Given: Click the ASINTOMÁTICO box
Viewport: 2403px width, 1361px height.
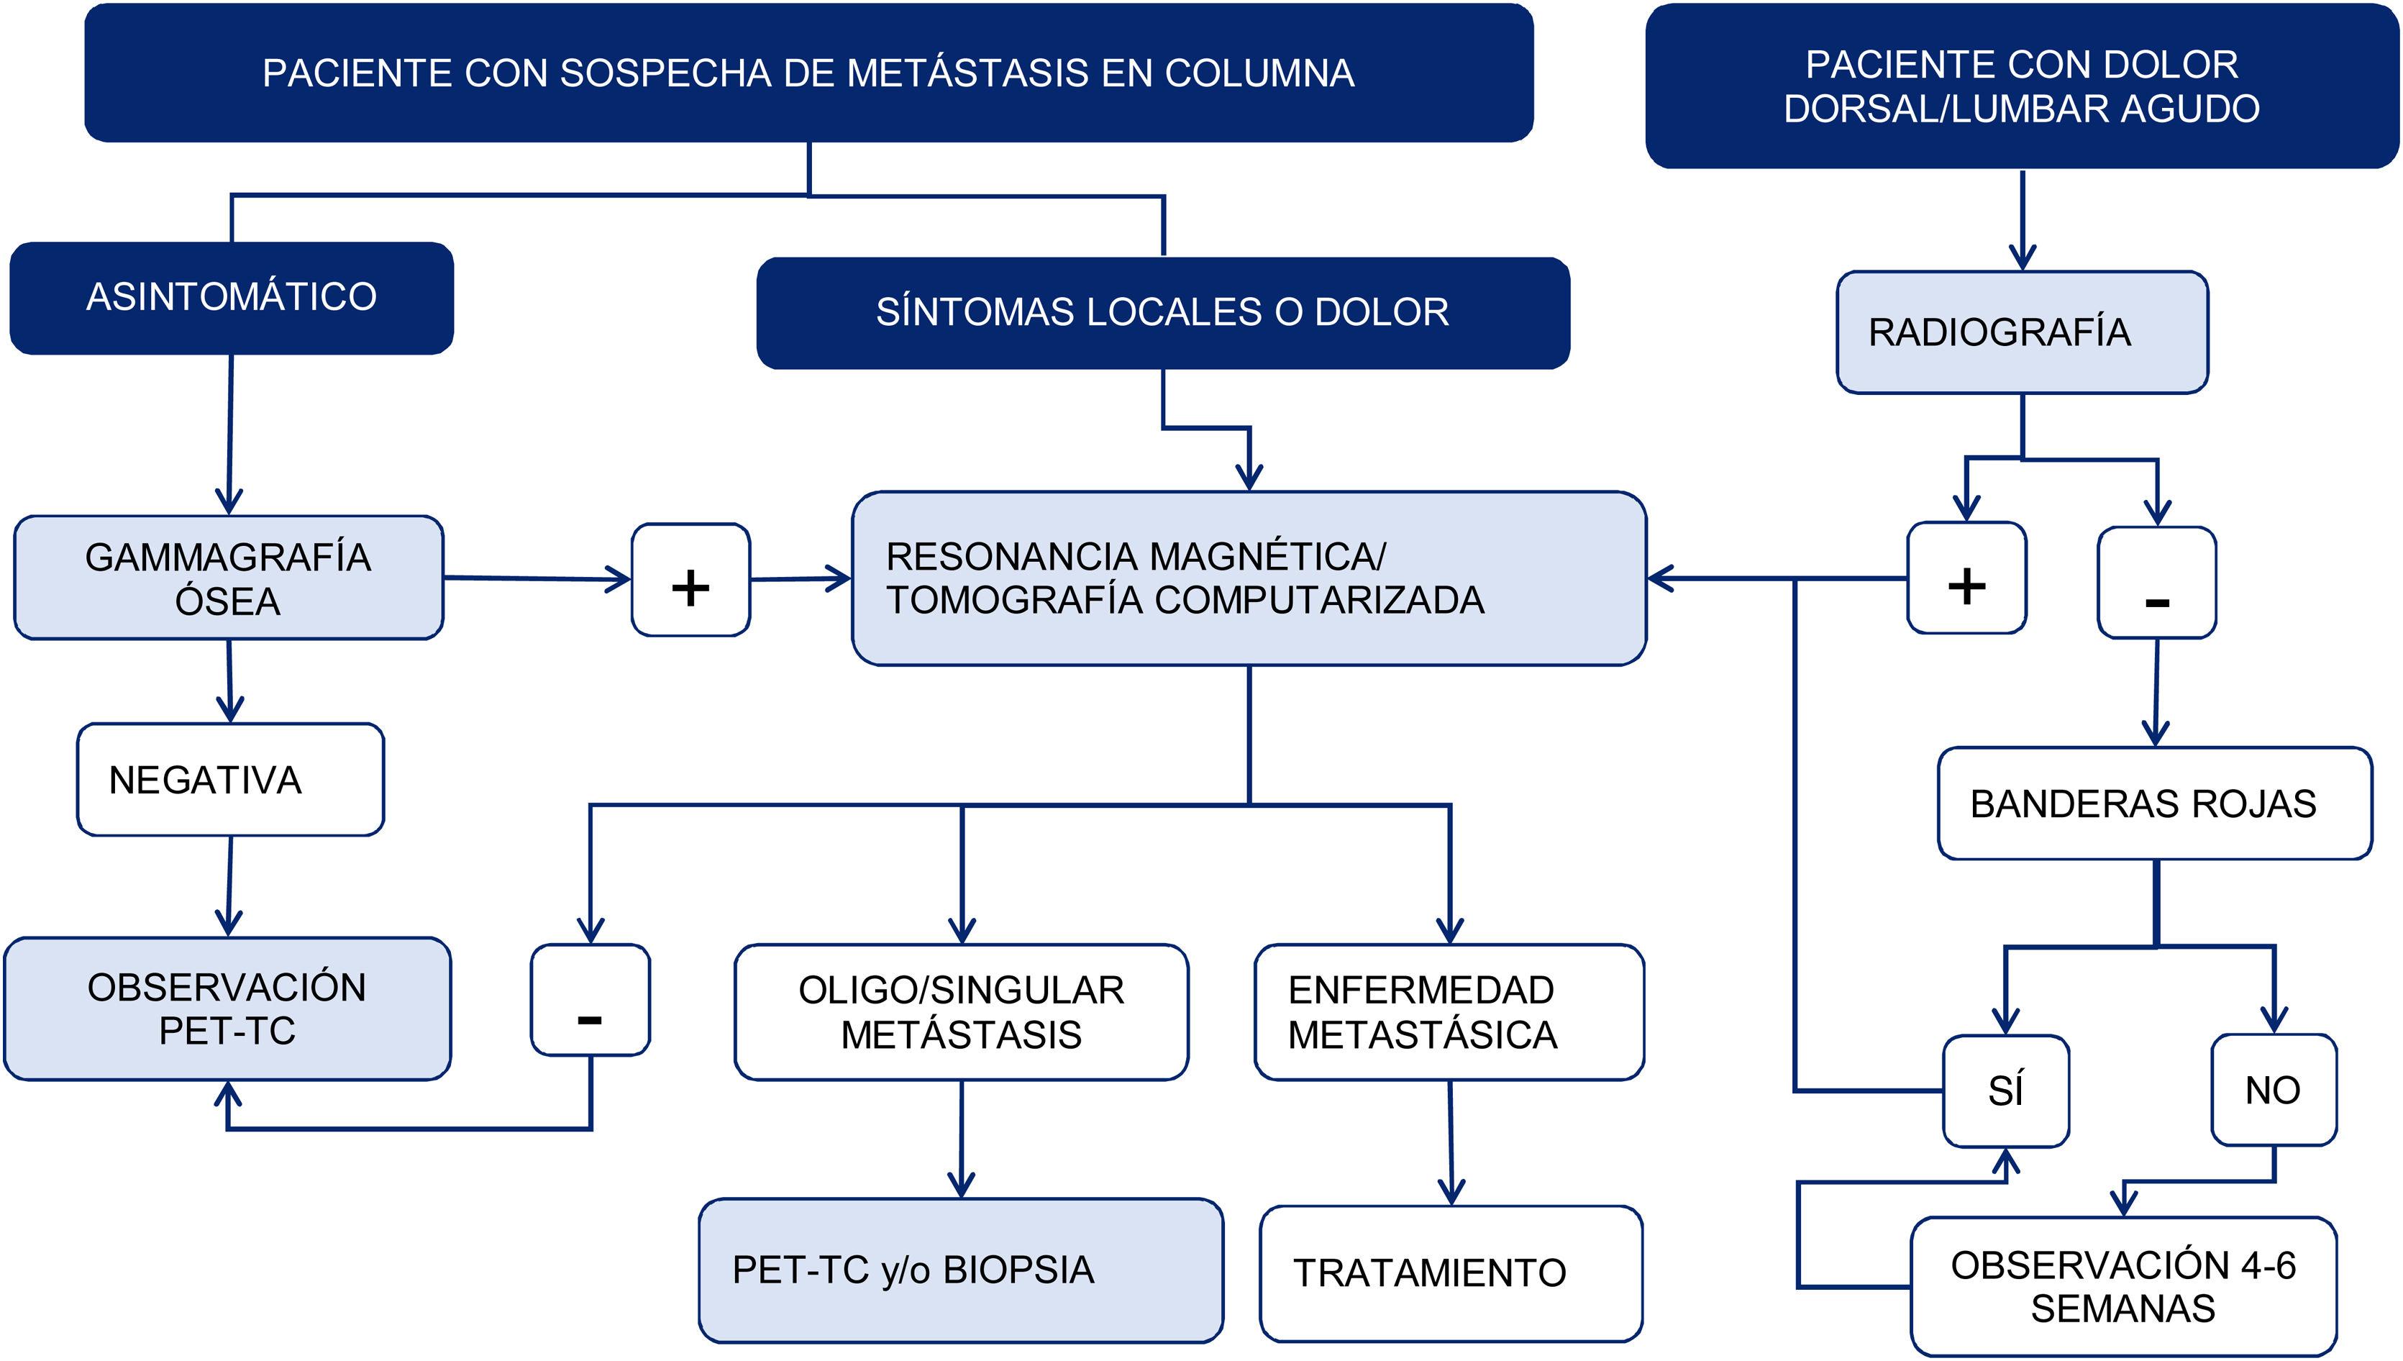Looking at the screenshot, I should [x=231, y=297].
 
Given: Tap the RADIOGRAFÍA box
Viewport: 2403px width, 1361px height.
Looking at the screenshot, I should [x=2022, y=332].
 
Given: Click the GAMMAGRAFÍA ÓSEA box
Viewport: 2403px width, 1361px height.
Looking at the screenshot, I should [x=228, y=578].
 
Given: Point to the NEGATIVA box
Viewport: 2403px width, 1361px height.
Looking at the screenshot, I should [x=230, y=780].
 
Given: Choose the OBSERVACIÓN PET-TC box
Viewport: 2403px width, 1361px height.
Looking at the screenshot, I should [x=227, y=1009].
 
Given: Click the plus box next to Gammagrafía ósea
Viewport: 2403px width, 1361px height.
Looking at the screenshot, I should [x=690, y=580].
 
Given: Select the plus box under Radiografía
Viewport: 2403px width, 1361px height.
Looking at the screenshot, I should [x=1966, y=578].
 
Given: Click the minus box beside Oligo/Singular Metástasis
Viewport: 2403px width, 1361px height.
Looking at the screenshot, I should [x=590, y=1000].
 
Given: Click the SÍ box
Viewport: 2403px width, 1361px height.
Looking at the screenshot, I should [x=2006, y=1091].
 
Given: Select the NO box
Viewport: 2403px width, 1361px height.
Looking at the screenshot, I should [x=2273, y=1090].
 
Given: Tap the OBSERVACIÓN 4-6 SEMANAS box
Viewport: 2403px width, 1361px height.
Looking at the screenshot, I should [x=2122, y=1286].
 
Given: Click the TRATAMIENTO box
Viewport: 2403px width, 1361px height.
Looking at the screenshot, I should [x=1450, y=1273].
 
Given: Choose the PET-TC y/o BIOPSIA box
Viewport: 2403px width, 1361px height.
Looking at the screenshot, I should [x=960, y=1270].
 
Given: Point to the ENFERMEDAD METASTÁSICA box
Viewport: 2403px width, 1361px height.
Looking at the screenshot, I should [x=1449, y=1012].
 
